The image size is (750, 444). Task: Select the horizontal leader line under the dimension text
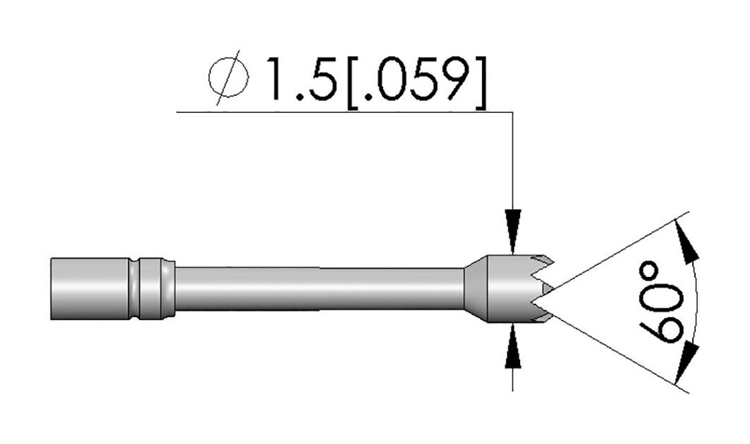coord(344,112)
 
